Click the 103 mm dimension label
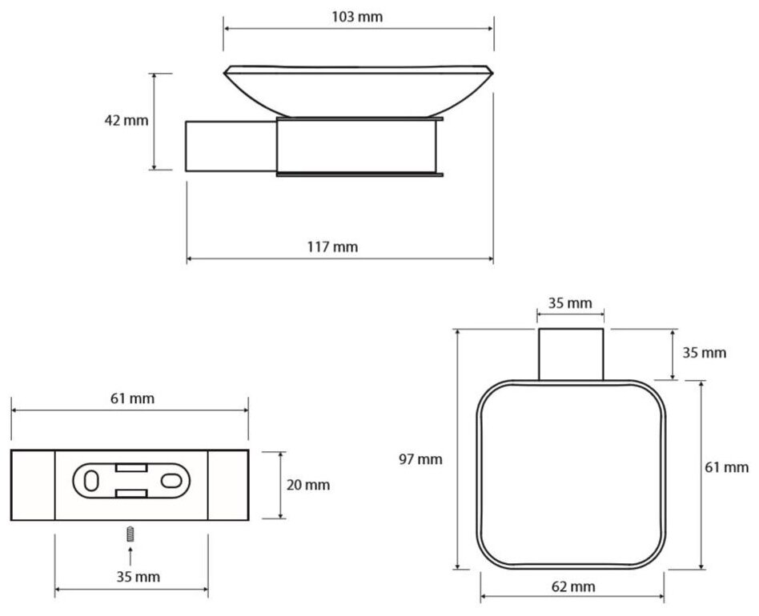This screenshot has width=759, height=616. tap(357, 17)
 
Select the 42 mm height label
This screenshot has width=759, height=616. tap(127, 120)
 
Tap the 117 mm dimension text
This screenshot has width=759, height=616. tap(332, 247)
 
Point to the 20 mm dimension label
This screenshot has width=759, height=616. tap(308, 485)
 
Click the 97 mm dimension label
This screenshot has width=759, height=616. tap(420, 459)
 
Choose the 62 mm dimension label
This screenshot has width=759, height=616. tap(573, 586)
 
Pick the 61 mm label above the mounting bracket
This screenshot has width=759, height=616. tap(132, 398)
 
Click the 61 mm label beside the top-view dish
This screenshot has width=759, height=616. tap(726, 467)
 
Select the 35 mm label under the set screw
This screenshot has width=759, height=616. tap(138, 576)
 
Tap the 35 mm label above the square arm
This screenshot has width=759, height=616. tap(570, 303)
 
